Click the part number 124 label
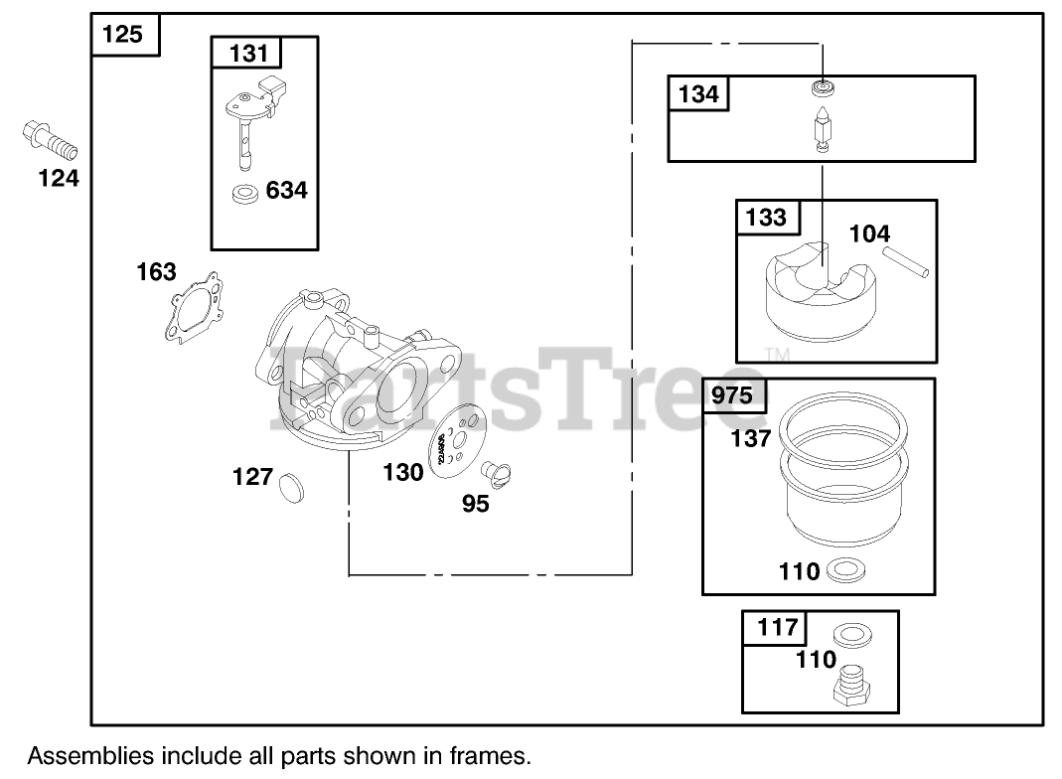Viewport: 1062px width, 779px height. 58,179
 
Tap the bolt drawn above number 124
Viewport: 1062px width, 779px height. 50,142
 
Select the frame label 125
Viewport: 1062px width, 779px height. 122,35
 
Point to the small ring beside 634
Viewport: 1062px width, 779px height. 244,193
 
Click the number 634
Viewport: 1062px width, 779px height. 287,190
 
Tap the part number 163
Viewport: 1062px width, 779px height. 156,272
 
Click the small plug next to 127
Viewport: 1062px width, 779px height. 291,486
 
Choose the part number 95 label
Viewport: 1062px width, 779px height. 476,504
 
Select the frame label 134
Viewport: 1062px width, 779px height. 698,94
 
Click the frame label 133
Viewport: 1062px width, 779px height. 766,217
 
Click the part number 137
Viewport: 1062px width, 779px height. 750,437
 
